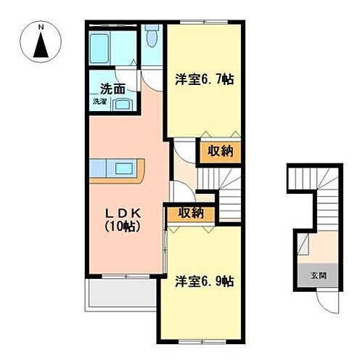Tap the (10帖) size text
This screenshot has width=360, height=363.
(121, 227)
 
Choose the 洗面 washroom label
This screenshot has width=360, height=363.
(112, 90)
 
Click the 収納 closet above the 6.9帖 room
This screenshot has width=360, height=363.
(189, 213)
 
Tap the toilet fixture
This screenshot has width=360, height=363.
(151, 37)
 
